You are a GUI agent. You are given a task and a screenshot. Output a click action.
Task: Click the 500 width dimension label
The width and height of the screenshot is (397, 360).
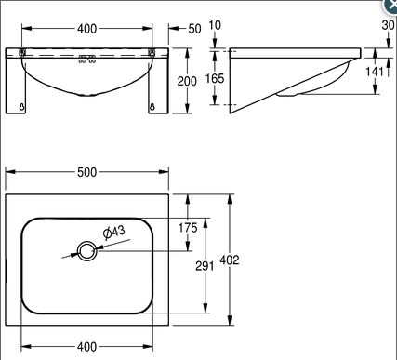coord(87,172)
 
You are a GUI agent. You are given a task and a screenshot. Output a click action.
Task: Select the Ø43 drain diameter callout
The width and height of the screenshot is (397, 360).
coord(113,232)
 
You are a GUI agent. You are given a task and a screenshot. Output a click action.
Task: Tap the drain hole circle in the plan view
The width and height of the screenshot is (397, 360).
coord(87,251)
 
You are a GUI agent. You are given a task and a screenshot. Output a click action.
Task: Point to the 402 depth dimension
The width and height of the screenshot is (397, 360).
coord(230,260)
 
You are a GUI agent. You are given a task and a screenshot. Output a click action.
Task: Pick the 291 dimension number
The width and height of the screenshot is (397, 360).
coord(205,266)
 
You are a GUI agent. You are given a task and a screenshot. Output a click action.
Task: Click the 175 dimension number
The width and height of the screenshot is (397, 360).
coord(188,228)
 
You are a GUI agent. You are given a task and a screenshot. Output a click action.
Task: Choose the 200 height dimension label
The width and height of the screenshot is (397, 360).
coord(187,81)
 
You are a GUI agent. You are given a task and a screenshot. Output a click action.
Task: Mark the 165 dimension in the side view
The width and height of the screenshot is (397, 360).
coord(215,78)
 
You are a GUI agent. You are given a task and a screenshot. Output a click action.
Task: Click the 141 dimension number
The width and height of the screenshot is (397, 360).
coord(375,72)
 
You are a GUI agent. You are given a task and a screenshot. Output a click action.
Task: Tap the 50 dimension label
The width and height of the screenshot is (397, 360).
coord(194,29)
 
